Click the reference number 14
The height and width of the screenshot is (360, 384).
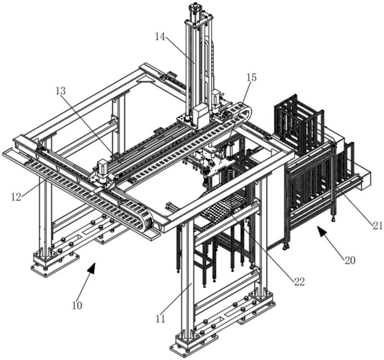click(x=160, y=37)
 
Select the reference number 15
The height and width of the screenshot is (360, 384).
click(x=251, y=77)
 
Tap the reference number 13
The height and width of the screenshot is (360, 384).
click(x=60, y=91)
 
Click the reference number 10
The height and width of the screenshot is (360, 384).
click(x=77, y=305)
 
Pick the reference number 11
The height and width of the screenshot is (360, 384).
click(x=160, y=319)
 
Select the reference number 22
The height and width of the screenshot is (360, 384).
click(x=299, y=282)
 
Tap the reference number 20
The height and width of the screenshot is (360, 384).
click(x=350, y=260)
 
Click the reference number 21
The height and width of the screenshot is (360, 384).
click(x=378, y=225)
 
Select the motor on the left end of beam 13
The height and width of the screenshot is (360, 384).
click(x=103, y=169)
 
